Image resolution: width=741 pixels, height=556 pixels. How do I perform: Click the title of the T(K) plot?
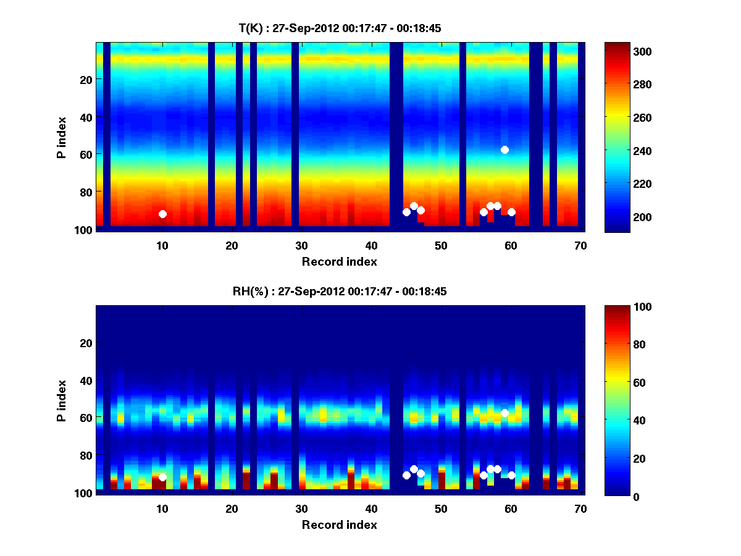(340, 28)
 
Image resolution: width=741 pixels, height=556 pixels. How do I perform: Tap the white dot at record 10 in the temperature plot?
(162, 214)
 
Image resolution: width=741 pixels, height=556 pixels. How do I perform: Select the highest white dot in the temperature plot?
(504, 150)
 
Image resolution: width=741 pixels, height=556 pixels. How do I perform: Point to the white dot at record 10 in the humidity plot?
(162, 477)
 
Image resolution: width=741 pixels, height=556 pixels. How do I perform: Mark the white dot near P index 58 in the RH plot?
(504, 413)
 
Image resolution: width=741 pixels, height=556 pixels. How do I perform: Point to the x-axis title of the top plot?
(339, 261)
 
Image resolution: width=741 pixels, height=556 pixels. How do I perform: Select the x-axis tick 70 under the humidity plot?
(580, 509)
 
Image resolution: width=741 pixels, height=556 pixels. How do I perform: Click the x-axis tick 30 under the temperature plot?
(301, 246)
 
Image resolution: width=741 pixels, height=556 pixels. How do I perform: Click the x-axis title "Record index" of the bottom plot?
(339, 524)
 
